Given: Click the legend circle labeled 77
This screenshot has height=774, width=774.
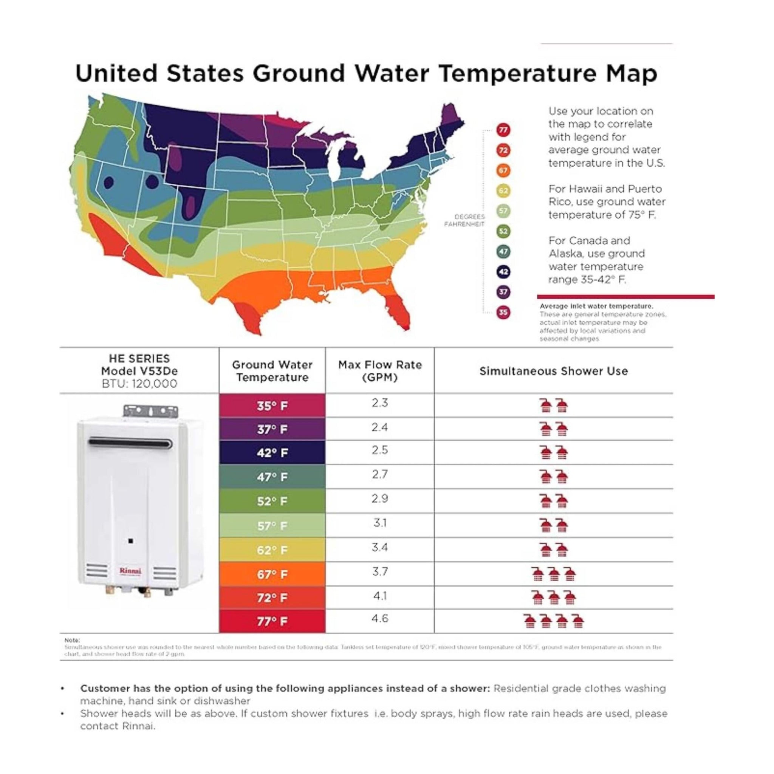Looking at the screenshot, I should [x=503, y=130].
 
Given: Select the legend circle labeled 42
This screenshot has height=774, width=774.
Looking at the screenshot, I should [x=503, y=272].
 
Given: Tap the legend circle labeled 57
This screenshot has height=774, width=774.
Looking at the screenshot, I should [x=503, y=211].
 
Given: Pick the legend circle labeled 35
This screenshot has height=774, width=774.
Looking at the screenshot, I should [x=503, y=312].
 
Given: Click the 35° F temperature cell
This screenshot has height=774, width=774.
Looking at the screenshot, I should [x=272, y=406].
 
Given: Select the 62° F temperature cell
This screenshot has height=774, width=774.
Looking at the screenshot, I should [x=272, y=550].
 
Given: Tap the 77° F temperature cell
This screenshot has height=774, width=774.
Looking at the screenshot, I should [x=272, y=621].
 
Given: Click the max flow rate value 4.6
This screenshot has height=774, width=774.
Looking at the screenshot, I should [x=379, y=619].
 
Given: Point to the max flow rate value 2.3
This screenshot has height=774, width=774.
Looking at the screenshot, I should [x=379, y=402].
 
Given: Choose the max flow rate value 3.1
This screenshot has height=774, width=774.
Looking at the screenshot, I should [x=379, y=523].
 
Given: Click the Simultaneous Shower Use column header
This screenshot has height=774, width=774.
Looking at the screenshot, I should [x=553, y=372].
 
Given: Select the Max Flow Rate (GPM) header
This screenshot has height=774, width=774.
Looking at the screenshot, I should [x=380, y=371].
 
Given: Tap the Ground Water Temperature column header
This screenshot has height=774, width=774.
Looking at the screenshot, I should [x=272, y=371].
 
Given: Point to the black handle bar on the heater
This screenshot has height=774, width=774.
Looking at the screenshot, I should [x=131, y=443].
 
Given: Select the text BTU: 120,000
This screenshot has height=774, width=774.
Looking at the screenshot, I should [x=139, y=384].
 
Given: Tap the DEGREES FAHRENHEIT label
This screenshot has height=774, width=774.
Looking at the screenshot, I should [x=464, y=220].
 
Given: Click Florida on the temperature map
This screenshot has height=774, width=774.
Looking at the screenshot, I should [x=399, y=308].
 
